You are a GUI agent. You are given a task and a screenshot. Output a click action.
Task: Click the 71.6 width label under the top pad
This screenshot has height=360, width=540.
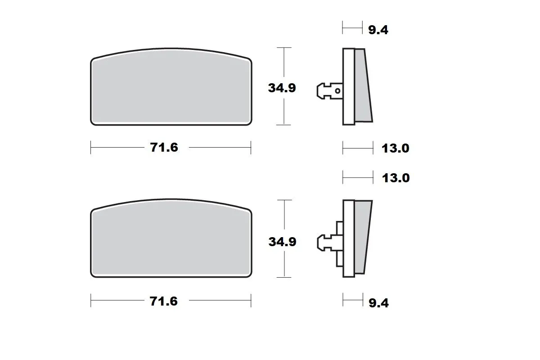click(164, 147)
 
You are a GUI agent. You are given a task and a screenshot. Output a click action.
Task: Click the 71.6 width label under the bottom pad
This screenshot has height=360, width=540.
click(164, 301)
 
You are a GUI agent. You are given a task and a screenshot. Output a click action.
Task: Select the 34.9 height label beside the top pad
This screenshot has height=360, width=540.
click(282, 88)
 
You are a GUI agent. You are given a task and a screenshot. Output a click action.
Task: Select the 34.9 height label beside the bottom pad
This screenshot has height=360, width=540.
click(282, 241)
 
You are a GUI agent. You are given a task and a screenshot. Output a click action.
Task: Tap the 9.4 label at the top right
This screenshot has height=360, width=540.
click(378, 30)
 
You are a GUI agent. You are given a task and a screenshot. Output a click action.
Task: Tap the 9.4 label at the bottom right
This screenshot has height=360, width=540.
click(378, 303)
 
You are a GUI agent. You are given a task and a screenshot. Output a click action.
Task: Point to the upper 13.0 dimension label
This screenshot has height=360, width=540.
click(396, 148)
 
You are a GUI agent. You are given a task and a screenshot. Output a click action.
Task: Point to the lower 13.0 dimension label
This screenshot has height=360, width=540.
click(396, 178)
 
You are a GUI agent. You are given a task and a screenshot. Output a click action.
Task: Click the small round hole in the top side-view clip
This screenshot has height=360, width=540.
click(338, 91)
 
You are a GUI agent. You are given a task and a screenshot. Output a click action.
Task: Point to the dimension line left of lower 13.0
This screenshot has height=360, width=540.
click(358, 178)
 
